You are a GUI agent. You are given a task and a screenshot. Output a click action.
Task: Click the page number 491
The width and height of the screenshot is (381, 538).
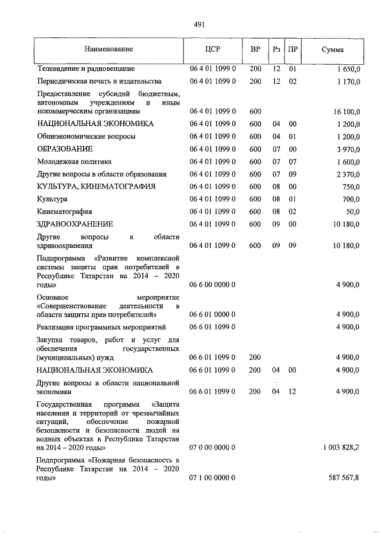[x=199, y=24]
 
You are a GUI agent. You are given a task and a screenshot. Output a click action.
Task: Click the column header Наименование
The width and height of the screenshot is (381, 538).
[x=109, y=49]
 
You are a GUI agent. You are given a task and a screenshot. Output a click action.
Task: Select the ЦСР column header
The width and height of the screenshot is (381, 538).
[x=213, y=49]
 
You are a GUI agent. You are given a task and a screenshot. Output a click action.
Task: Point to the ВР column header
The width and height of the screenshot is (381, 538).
[x=255, y=49]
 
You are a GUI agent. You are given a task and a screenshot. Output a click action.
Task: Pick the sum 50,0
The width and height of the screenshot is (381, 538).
[x=352, y=211]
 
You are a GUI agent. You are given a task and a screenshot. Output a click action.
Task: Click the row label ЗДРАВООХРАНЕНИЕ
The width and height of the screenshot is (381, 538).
[x=75, y=224]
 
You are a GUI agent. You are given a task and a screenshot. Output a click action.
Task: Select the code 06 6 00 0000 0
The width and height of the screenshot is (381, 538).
[x=213, y=285]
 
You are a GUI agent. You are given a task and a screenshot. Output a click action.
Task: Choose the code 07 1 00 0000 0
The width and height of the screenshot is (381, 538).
[x=213, y=477]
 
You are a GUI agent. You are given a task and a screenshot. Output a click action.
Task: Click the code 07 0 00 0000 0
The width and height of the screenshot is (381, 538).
[x=213, y=446]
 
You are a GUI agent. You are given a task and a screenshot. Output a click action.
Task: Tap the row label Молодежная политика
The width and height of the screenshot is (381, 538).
[x=74, y=161]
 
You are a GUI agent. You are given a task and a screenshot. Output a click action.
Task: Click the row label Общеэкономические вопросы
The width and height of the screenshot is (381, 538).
[x=86, y=136]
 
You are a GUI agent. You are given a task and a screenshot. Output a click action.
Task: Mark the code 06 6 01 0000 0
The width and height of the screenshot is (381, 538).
[x=213, y=314]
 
